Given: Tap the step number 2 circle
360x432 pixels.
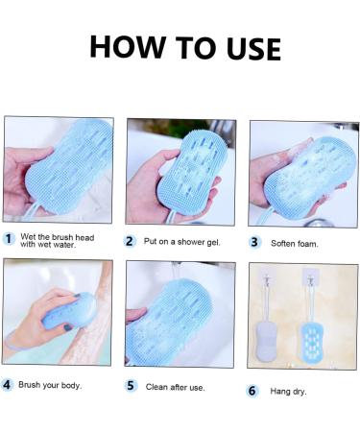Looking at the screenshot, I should [x=131, y=241].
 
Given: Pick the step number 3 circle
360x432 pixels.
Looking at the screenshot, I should [x=254, y=242].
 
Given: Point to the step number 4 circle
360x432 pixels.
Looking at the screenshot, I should [x=8, y=384].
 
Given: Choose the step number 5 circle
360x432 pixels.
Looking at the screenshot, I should [x=131, y=386].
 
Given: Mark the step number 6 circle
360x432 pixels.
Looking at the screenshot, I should [x=253, y=390].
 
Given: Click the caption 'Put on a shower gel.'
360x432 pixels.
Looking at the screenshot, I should [x=182, y=242].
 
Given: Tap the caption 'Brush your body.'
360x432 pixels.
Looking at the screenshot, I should [x=50, y=385].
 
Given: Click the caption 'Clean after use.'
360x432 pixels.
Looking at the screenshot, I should [x=176, y=387].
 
